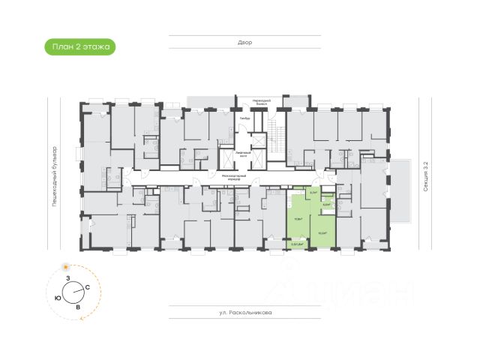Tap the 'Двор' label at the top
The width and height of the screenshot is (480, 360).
point(245,43)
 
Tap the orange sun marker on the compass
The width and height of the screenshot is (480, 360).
point(67,266)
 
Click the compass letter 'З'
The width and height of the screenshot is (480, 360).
point(68,278)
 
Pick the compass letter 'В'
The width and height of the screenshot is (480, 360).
point(78,307)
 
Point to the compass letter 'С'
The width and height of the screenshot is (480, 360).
point(88,287)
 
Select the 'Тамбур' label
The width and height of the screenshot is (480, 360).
point(244,118)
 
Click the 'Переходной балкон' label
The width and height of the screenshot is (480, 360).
point(260,100)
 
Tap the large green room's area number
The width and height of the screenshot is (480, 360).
point(298,219)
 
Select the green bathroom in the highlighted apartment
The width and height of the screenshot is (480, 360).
point(326,203)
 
